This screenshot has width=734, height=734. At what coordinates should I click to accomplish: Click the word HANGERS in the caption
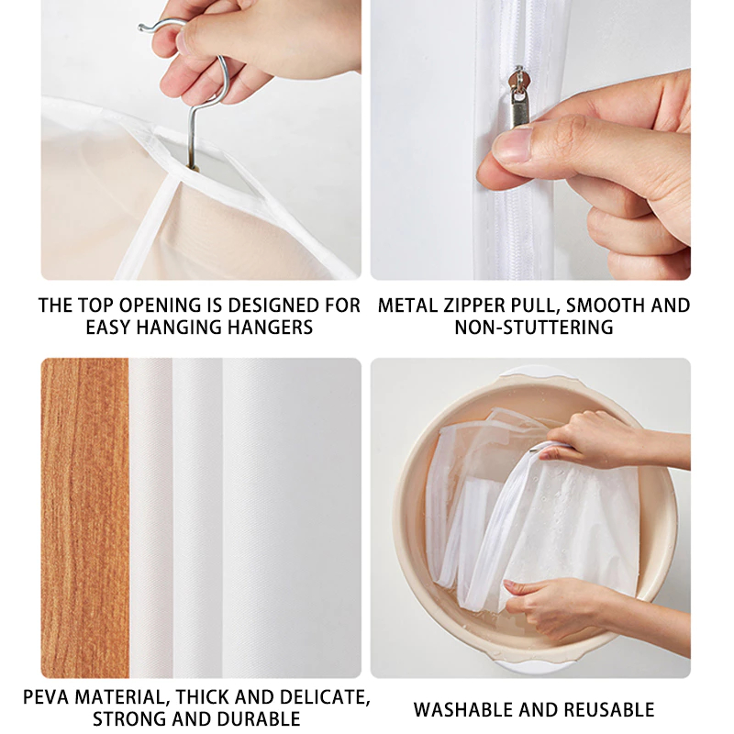pyautogui.click(x=270, y=328)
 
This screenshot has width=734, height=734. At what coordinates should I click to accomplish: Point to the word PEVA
pyautogui.click(x=48, y=695)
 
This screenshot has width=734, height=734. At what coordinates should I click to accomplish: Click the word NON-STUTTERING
pyautogui.click(x=534, y=328)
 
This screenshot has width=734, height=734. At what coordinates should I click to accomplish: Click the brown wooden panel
pyautogui.click(x=84, y=514)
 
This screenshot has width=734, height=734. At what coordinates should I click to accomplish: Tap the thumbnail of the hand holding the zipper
pyautogui.click(x=530, y=139)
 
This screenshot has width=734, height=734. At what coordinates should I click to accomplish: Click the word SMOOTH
pyautogui.click(x=596, y=305)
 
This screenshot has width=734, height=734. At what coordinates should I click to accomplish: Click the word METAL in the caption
pyautogui.click(x=406, y=305)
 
